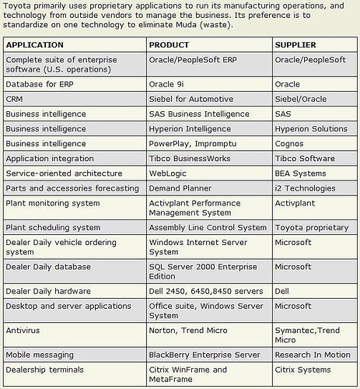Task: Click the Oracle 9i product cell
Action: pos(169,84)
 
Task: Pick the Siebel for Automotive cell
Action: pos(190,99)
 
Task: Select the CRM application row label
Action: pos(14,99)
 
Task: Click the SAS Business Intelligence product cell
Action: pos(197,114)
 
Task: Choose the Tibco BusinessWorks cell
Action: pos(189,158)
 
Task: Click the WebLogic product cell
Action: pos(168,173)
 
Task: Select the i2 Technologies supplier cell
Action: pos(306,187)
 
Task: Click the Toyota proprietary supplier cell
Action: pos(312,228)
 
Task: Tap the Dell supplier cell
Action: pos(283,291)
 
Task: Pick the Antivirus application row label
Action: pos(23,330)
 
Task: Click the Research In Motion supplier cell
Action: pos(313,354)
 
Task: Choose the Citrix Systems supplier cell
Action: pos(303,369)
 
